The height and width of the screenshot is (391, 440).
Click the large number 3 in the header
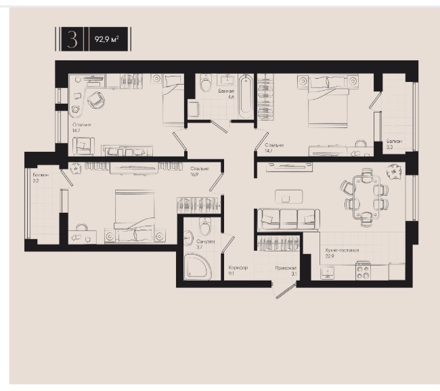(72, 39)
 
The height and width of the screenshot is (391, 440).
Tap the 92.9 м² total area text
(107, 39)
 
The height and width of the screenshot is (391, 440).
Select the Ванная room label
(226, 91)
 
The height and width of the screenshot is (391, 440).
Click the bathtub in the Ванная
(246, 96)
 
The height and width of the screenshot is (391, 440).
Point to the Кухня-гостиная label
(342, 250)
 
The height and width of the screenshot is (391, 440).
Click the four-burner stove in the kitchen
(363, 271)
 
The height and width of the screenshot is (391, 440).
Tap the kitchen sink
(327, 272)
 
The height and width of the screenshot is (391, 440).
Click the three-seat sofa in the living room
(288, 220)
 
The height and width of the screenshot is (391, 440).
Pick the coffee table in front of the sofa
(289, 197)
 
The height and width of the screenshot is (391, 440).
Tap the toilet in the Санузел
(205, 226)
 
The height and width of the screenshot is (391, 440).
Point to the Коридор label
(238, 268)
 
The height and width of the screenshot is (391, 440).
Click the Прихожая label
(286, 268)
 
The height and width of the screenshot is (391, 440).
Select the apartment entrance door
(286, 291)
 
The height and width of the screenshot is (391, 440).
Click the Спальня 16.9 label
(200, 171)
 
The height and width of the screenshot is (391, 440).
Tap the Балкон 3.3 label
(394, 144)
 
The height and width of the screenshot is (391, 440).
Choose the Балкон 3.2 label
(41, 178)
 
